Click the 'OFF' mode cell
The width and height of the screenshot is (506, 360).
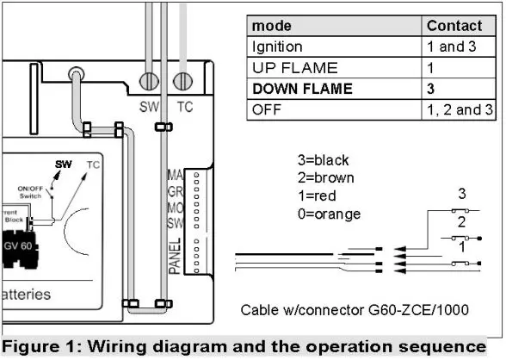click(x=265, y=109)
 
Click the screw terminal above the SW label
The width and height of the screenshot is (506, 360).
click(x=151, y=83)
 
